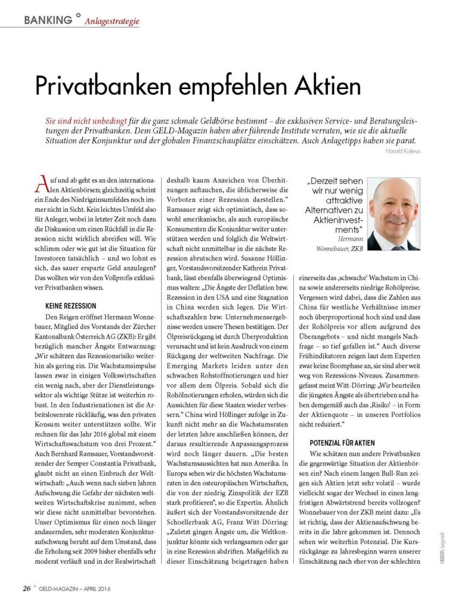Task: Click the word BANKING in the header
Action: (x=47, y=20)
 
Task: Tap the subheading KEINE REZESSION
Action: (x=71, y=305)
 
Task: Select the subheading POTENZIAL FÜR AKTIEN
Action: (x=342, y=442)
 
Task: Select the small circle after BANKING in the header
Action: (x=78, y=16)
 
